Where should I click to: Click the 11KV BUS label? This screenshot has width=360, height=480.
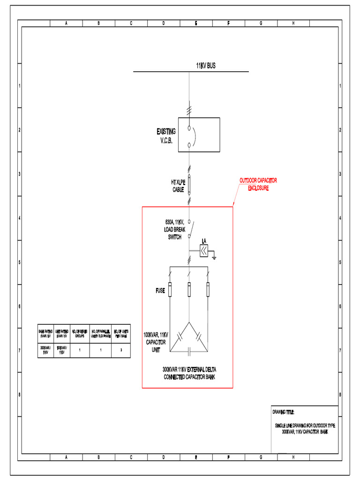pos(206,66)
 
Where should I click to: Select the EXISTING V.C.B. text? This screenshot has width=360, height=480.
pos(166,136)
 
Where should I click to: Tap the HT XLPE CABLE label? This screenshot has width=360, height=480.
pos(178,186)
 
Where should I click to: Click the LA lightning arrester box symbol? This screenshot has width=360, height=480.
pos(204,252)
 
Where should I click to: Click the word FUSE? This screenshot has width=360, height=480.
pos(160,291)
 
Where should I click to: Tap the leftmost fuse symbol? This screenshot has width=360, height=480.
pos(170,290)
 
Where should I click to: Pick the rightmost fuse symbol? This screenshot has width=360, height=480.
pos(208,290)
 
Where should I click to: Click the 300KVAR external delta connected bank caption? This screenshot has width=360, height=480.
pos(189,373)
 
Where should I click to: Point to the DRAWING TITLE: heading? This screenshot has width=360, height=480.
pos(283,412)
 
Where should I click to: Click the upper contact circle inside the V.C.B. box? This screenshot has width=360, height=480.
pos(189,128)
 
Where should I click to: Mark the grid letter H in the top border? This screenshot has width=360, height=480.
pos(293,23)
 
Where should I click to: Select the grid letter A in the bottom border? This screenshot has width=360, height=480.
pos(66,457)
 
